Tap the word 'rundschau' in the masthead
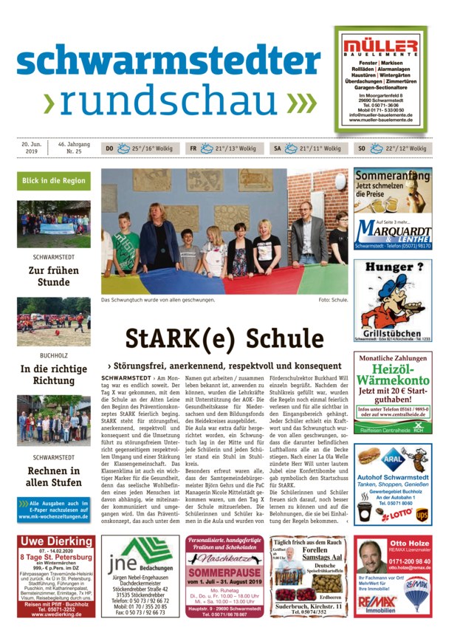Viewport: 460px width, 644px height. [168, 102]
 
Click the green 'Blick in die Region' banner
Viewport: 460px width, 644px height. [53, 181]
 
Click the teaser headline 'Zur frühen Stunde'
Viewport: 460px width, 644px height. [54, 275]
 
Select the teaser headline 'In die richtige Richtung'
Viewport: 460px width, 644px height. [54, 374]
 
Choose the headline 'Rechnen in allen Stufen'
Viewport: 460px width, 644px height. [54, 477]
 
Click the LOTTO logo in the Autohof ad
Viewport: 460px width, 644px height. [402, 512]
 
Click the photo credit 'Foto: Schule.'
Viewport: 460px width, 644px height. [333, 301]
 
